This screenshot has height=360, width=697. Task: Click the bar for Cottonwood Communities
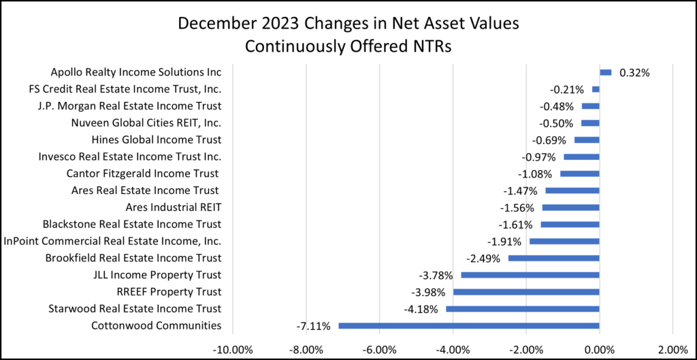click(x=468, y=325)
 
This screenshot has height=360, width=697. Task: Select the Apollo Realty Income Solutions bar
click(x=605, y=72)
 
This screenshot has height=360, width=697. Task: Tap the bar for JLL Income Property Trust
click(x=530, y=275)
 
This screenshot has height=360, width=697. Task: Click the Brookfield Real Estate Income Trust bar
click(x=553, y=258)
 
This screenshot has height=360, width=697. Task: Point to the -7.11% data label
click(x=313, y=326)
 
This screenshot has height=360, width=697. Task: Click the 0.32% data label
click(x=634, y=72)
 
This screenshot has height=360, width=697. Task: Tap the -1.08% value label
click(x=535, y=174)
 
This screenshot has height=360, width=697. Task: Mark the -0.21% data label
click(x=567, y=89)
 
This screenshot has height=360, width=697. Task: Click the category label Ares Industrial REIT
click(x=174, y=208)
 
